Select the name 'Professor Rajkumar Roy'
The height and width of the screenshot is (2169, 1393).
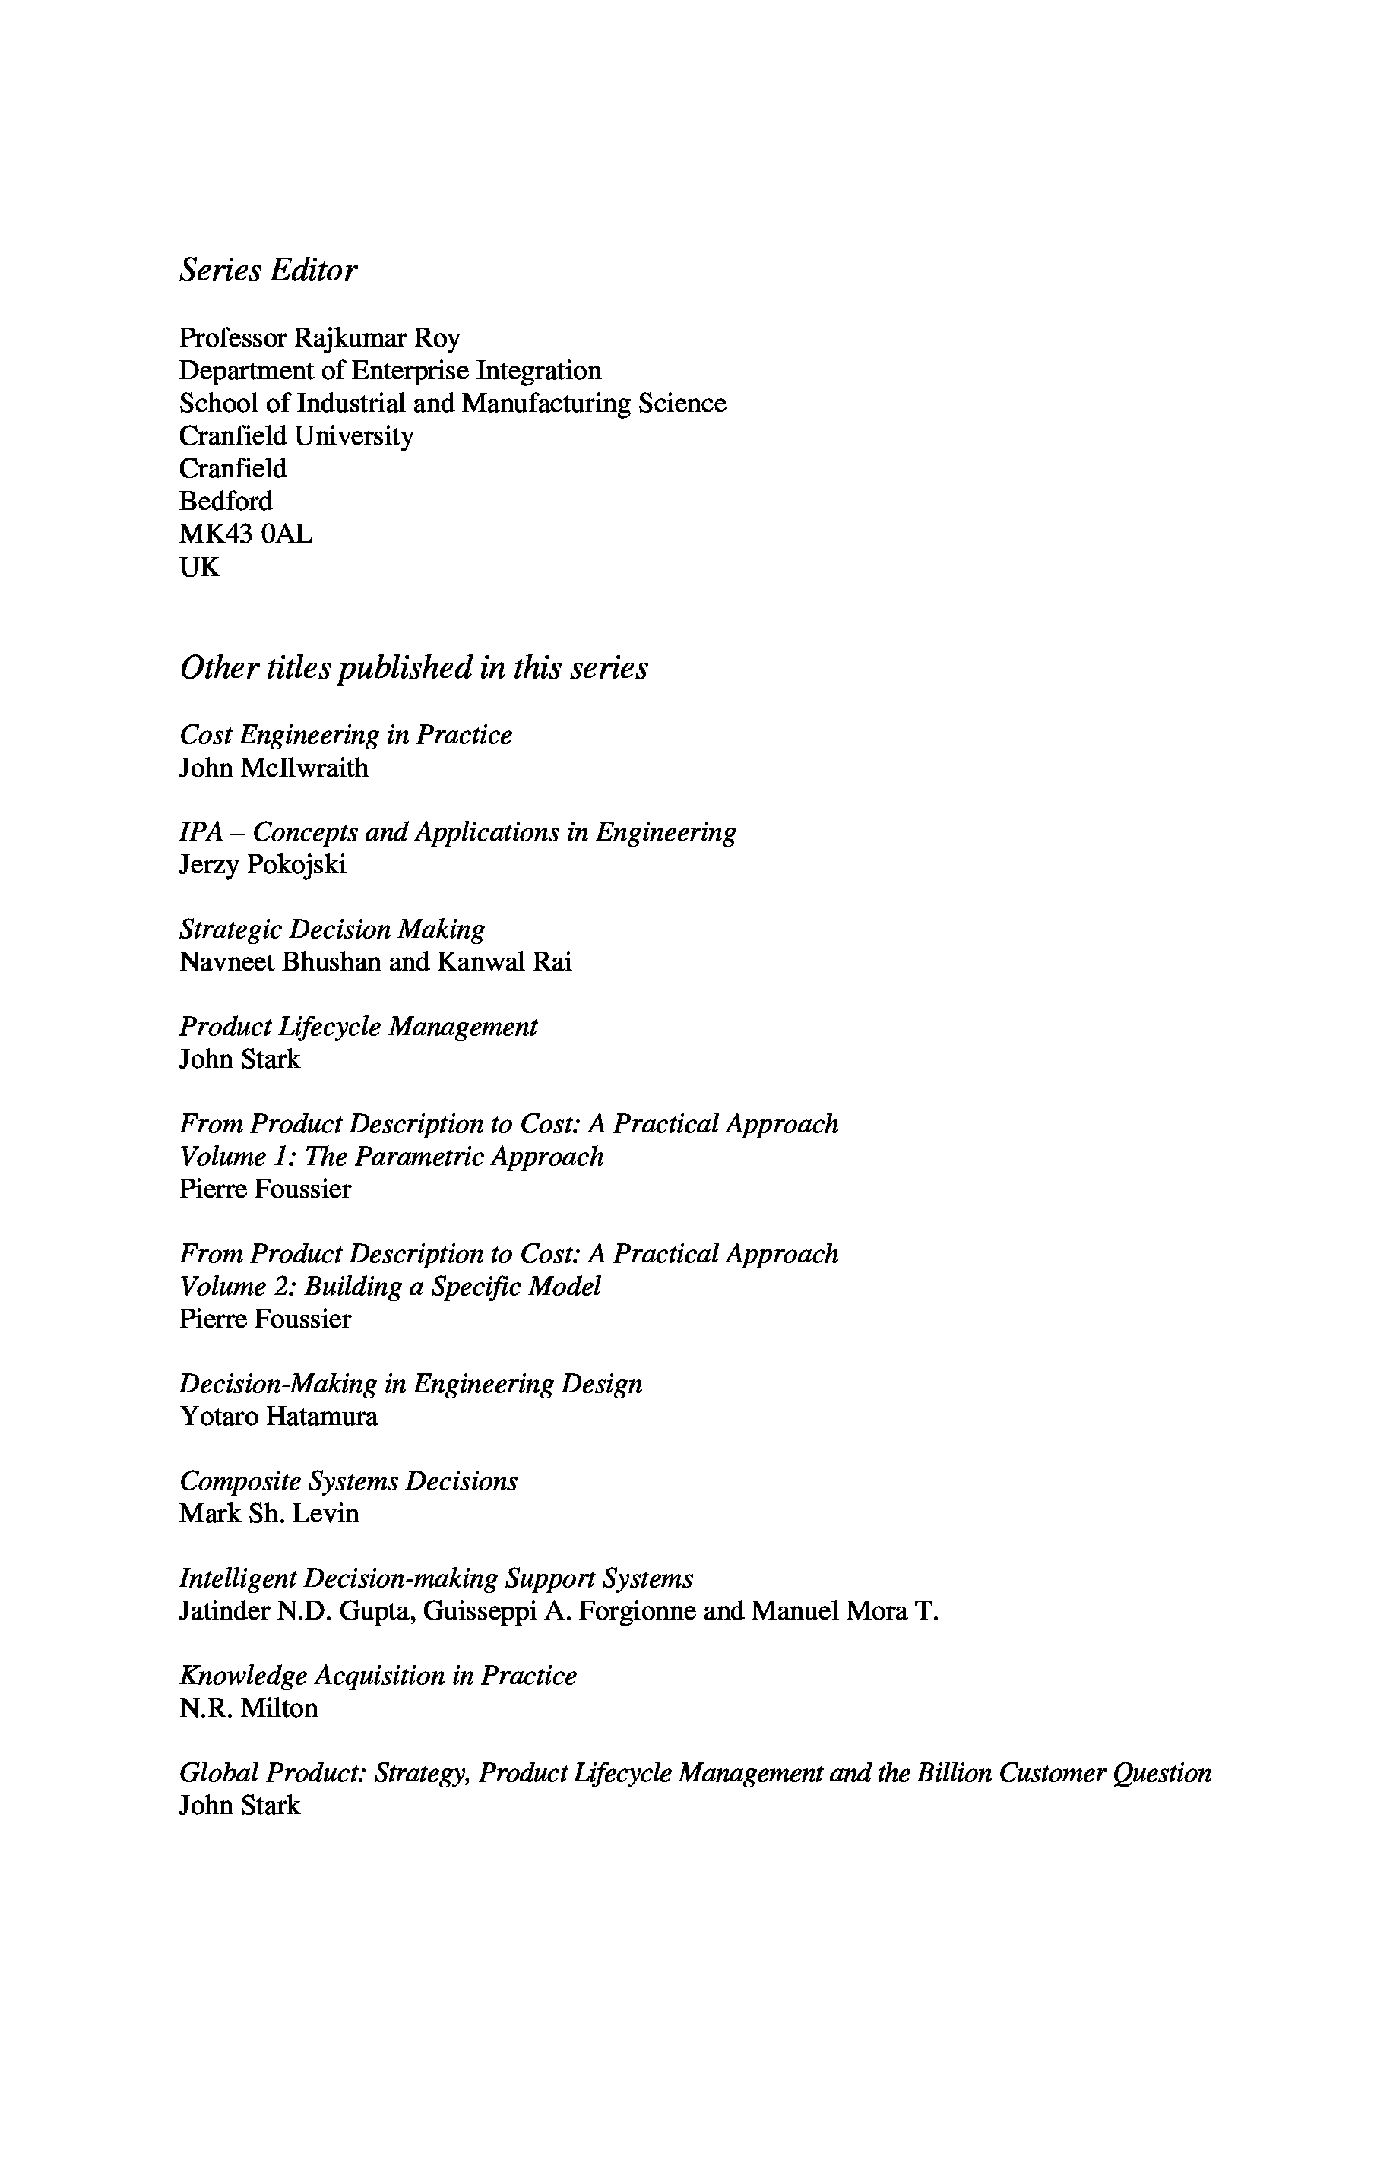pyautogui.click(x=319, y=337)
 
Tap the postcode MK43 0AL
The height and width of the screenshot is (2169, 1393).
pyautogui.click(x=245, y=534)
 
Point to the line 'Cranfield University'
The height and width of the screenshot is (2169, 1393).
pyautogui.click(x=296, y=436)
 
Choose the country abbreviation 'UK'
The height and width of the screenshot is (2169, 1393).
pyautogui.click(x=199, y=567)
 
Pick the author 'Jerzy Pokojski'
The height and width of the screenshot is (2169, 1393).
pyautogui.click(x=262, y=865)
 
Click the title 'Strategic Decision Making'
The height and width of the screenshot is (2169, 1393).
pyautogui.click(x=332, y=929)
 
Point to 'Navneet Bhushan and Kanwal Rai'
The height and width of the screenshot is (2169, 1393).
pyautogui.click(x=375, y=961)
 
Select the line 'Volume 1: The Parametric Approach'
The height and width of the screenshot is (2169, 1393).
pyautogui.click(x=391, y=1156)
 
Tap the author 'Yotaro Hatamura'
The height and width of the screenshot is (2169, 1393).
pyautogui.click(x=279, y=1417)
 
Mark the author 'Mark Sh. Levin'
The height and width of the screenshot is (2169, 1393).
pyautogui.click(x=269, y=1513)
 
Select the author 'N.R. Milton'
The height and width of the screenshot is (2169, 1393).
pyautogui.click(x=249, y=1708)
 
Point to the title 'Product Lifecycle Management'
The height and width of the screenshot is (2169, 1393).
pyautogui.click(x=358, y=1027)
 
